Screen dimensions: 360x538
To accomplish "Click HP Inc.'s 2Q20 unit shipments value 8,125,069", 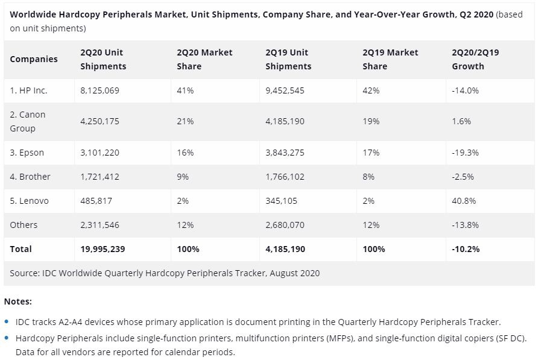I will click(x=100, y=90).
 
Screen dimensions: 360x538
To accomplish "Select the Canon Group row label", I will click(x=27, y=121).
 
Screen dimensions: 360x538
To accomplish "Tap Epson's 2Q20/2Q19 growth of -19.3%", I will click(x=465, y=153).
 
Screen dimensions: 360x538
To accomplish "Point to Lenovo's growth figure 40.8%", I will click(x=464, y=201).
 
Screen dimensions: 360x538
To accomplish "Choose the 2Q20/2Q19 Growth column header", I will click(x=475, y=59).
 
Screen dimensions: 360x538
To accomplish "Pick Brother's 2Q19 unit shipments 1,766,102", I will click(x=285, y=177).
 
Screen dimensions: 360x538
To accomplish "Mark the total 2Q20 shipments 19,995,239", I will click(x=103, y=249).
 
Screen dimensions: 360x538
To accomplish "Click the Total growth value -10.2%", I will click(x=466, y=249).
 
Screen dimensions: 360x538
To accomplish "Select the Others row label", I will click(x=24, y=225).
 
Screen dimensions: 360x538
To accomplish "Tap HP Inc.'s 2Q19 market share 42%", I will click(x=371, y=90).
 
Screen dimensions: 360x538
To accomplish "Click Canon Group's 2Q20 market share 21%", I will click(x=185, y=121).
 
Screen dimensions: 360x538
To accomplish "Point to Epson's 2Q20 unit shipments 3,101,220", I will click(x=100, y=153).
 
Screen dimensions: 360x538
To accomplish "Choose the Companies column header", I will click(x=34, y=59).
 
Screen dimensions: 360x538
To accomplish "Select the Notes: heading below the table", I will click(x=17, y=301).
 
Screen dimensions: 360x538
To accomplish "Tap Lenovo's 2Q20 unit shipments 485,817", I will click(x=96, y=201).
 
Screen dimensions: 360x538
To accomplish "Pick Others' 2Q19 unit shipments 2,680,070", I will click(x=285, y=225).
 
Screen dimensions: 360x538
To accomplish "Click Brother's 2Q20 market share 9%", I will click(x=183, y=177).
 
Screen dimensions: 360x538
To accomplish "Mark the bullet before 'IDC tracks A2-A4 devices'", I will click(x=7, y=323).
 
